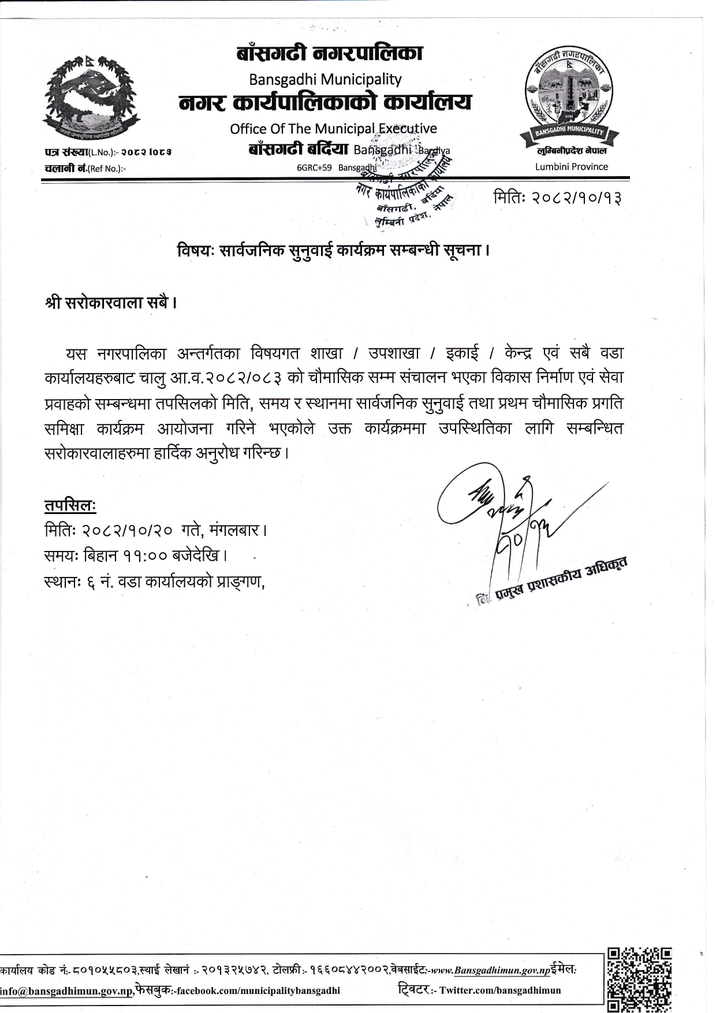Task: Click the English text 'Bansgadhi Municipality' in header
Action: click(x=325, y=79)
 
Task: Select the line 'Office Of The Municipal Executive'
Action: click(x=333, y=129)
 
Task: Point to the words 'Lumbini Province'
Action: click(x=571, y=167)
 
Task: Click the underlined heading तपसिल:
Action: click(x=70, y=505)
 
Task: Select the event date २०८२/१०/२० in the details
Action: click(x=128, y=530)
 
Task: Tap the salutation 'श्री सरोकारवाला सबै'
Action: click(x=110, y=303)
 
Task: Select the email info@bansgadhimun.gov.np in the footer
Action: click(x=67, y=991)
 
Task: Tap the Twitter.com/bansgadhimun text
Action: click(x=500, y=990)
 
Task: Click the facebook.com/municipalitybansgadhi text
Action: click(x=258, y=991)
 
